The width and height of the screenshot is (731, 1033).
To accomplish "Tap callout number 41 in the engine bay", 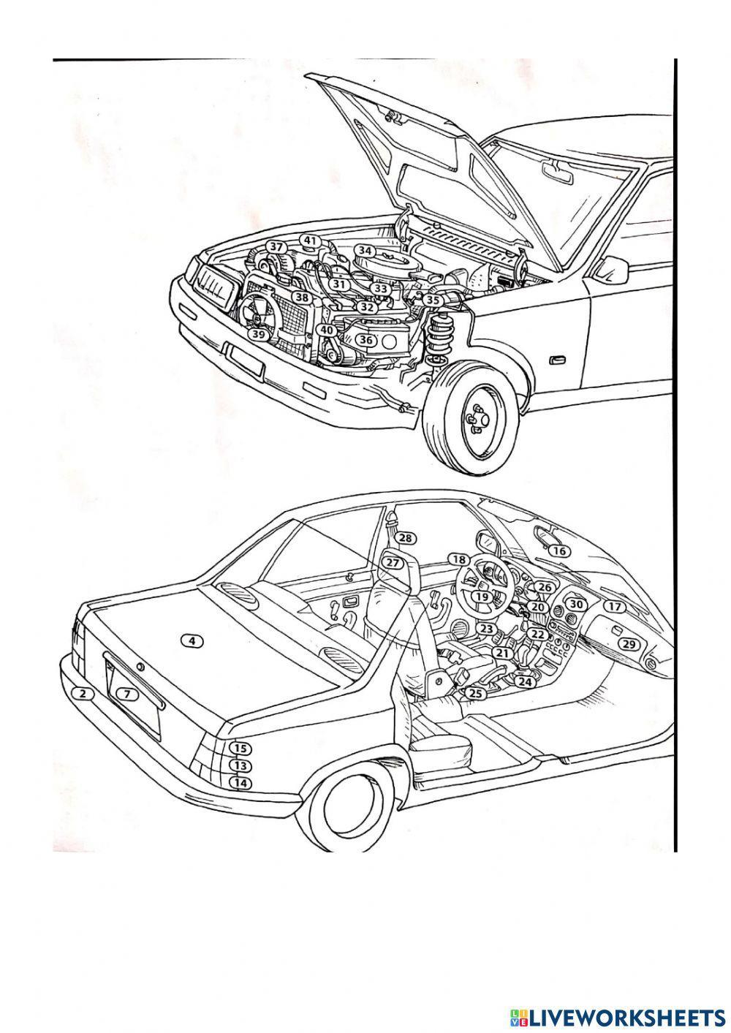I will click(311, 241).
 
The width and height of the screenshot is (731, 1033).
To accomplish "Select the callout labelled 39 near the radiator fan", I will click(258, 333).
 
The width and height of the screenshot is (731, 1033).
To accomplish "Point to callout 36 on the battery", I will click(367, 340).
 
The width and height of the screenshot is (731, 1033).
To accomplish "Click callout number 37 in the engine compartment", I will click(276, 247).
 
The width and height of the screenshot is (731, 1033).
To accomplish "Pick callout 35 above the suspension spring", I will click(433, 300).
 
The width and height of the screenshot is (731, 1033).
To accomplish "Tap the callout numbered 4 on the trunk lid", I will click(192, 641).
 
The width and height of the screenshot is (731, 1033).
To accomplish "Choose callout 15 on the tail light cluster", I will click(240, 749).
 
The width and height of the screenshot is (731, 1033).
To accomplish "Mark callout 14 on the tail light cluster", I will click(240, 782).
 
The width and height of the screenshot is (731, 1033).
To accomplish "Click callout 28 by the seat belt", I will click(406, 539).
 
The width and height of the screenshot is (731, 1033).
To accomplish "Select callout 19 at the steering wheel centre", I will click(480, 597).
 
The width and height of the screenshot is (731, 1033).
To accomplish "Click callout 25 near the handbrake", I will click(476, 693).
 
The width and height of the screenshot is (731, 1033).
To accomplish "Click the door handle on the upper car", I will click(557, 360).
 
